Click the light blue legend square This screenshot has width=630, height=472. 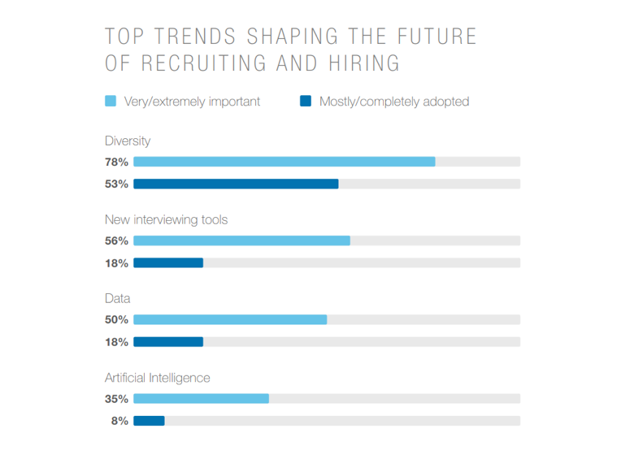[111, 102]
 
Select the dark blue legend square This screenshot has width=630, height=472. [306, 102]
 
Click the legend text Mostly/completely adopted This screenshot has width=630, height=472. [393, 102]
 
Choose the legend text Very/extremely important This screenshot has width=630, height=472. [192, 102]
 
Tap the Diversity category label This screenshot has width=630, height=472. [128, 141]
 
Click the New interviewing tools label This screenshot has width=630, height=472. [166, 219]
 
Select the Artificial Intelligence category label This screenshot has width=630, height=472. [157, 378]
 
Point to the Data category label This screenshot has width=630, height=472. [117, 298]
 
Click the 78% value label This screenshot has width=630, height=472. [116, 162]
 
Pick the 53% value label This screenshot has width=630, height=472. [116, 184]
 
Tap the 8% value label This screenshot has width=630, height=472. [119, 421]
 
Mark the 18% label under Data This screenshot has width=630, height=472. [116, 342]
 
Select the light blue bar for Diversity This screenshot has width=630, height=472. [284, 162]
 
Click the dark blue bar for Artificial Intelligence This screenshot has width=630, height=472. [149, 421]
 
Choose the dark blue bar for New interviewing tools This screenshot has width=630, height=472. [167, 262]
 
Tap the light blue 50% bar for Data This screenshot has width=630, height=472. [230, 319]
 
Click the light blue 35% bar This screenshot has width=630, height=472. [201, 399]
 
